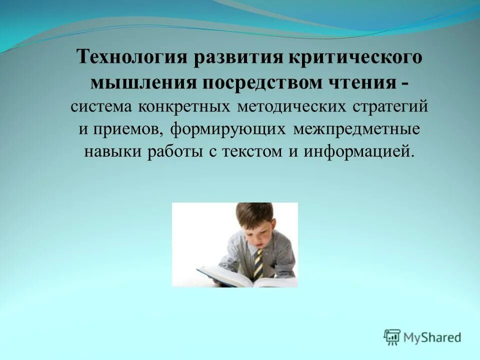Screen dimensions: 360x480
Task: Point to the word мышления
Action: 142,82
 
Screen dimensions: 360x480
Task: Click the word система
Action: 102,107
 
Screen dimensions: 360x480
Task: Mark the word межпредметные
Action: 356,129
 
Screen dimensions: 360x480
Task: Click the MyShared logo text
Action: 432,337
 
